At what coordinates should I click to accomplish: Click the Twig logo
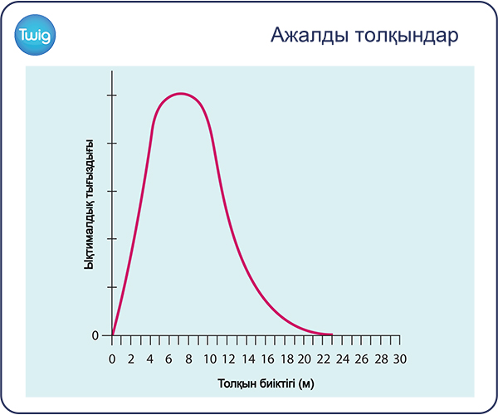[x=35, y=35]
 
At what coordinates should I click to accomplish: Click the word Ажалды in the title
[x=310, y=35]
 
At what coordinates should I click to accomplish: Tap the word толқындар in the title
[x=407, y=37]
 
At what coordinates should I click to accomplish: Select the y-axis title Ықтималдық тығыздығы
[x=90, y=204]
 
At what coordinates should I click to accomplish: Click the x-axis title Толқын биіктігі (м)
[x=266, y=383]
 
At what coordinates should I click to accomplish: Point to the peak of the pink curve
[x=181, y=93]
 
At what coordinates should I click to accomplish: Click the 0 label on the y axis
[x=95, y=335]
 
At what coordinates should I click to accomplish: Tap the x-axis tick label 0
[x=112, y=359]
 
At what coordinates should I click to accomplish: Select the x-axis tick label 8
[x=188, y=359]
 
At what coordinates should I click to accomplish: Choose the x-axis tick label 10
[x=210, y=359]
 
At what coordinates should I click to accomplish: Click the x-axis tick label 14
[x=248, y=359]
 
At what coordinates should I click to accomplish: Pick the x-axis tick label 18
[x=287, y=359]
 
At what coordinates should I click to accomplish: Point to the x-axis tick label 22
[x=324, y=359]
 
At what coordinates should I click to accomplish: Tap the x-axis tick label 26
[x=361, y=359]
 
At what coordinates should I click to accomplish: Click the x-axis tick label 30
[x=400, y=359]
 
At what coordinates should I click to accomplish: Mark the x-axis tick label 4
[x=150, y=359]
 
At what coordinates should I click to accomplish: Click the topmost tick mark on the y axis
[x=112, y=95]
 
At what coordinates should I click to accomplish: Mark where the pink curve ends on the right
[x=332, y=334]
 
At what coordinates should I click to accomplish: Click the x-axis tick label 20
[x=304, y=359]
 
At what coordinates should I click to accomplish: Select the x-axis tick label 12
[x=229, y=359]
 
